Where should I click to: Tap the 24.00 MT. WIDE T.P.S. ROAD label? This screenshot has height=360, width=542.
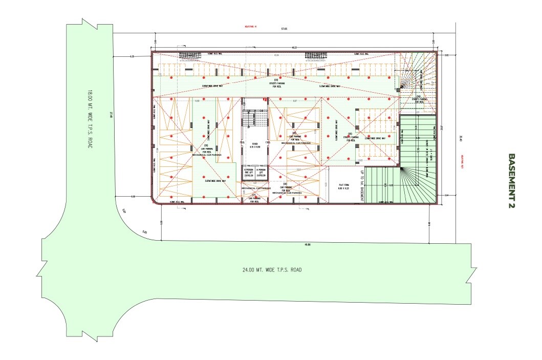point(271,270)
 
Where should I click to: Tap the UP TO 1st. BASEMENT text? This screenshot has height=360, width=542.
point(362,186)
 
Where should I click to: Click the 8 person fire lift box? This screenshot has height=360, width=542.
point(249,174)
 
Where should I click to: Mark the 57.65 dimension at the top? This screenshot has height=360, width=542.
point(284,29)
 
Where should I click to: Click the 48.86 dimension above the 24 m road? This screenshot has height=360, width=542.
point(307,245)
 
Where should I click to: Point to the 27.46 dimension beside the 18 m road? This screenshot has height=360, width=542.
point(110,116)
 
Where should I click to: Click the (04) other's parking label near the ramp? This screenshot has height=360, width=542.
point(419,99)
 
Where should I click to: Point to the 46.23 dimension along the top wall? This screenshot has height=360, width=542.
point(294,47)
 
